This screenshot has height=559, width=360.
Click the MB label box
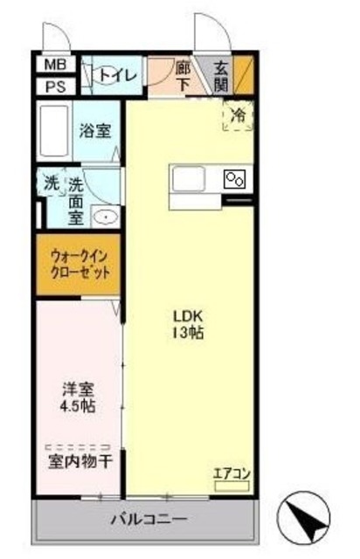point(54,66)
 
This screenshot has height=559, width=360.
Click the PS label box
point(54,86)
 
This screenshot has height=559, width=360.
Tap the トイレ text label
point(119,76)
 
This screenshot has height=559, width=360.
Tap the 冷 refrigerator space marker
point(237,114)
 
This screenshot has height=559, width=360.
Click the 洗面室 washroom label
point(76,201)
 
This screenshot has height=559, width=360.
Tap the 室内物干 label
point(79,460)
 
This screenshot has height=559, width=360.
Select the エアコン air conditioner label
point(232,474)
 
